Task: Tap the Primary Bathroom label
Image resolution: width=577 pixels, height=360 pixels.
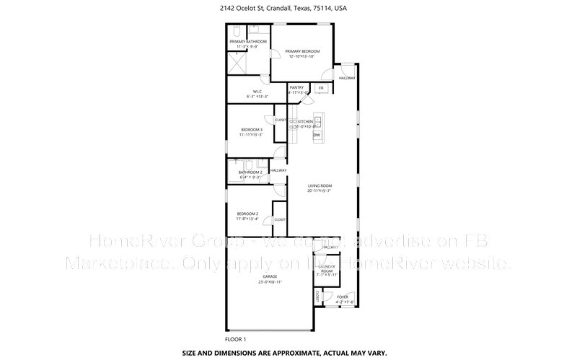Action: point(248,42)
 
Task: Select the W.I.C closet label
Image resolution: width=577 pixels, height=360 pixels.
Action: point(257,91)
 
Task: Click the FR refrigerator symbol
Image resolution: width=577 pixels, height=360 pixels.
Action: point(321,88)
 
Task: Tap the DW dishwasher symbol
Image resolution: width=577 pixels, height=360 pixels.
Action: point(317,134)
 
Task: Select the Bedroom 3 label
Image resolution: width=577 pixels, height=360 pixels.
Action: point(251,129)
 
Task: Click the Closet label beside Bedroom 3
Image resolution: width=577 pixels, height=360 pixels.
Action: point(281,120)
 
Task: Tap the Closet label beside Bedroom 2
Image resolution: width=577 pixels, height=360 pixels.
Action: point(279,219)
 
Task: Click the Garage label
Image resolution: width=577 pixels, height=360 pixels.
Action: point(270,277)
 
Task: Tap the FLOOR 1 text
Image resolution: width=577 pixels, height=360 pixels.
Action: point(236,339)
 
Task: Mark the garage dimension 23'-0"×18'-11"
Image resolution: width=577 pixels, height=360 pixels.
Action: point(270,282)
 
